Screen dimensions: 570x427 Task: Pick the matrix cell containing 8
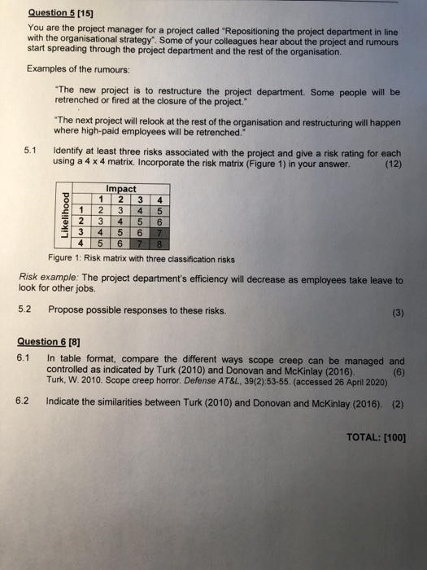click(x=159, y=242)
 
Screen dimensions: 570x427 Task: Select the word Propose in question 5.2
click(x=68, y=309)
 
